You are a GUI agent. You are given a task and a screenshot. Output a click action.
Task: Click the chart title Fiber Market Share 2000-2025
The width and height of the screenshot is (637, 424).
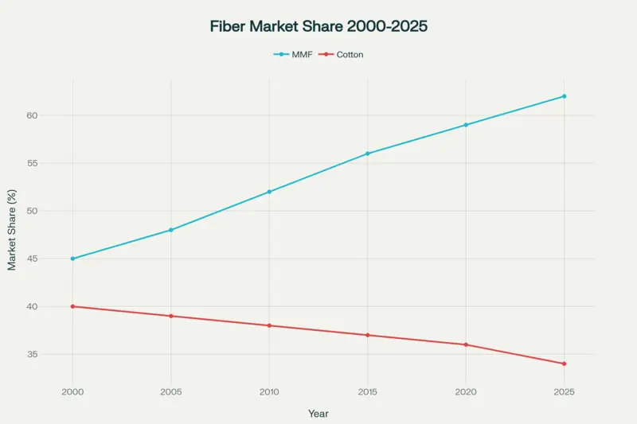[318, 26]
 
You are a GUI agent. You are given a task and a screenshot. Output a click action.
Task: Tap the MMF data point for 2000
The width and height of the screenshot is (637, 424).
[72, 259]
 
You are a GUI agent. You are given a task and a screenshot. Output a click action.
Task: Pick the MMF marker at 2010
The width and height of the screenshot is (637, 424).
[269, 192]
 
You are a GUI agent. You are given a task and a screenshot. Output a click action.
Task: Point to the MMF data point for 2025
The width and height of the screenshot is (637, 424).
[564, 96]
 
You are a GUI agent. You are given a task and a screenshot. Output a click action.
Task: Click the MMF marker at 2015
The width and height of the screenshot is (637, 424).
[367, 154]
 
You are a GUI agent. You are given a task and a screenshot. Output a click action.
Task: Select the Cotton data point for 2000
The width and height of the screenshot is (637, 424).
[72, 306]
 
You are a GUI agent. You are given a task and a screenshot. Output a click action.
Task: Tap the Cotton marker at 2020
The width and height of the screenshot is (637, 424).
[466, 344]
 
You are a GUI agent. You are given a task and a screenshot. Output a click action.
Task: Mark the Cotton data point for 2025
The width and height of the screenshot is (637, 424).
[564, 364]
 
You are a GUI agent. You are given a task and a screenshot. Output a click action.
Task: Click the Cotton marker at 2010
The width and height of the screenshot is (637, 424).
[269, 325]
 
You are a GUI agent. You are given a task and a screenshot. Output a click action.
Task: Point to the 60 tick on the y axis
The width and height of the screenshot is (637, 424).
[54, 115]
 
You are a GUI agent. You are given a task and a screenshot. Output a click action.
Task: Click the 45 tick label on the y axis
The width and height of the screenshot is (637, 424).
[54, 259]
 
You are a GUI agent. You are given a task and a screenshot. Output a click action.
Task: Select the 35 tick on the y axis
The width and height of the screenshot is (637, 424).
[54, 354]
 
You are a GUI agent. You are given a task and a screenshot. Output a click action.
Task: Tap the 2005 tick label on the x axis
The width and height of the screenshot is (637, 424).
[171, 392]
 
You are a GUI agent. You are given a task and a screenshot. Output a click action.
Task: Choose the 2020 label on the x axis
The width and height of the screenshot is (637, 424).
[466, 392]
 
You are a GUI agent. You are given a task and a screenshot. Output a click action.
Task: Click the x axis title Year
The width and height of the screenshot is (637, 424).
[318, 414]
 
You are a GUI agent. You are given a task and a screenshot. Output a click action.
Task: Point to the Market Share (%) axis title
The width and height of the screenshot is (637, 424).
[12, 230]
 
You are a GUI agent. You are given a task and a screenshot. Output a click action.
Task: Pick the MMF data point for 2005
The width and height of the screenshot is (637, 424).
[171, 230]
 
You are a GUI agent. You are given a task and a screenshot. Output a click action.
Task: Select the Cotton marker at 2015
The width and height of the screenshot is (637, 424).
[367, 335]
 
